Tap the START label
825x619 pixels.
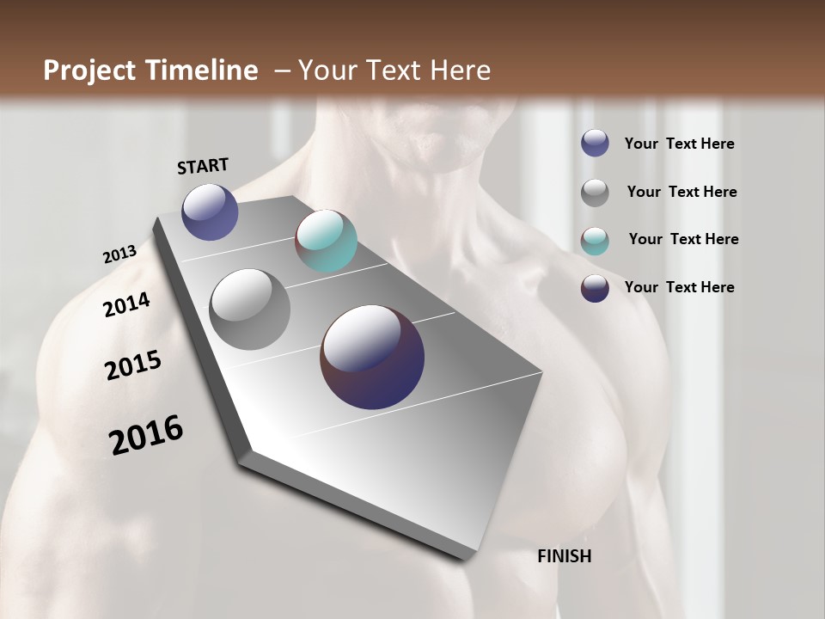(x=203, y=166)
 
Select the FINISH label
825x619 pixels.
(x=564, y=556)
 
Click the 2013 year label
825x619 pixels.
(x=119, y=254)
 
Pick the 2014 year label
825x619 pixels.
(x=126, y=304)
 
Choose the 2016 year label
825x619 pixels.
(x=146, y=435)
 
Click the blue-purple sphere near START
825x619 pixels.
(x=210, y=211)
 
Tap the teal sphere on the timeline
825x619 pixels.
(x=326, y=241)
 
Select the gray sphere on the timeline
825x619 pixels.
(x=249, y=309)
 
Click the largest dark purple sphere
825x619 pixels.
(x=372, y=357)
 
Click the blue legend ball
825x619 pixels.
(x=595, y=143)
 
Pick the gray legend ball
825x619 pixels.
(x=595, y=193)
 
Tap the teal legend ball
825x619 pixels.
(x=595, y=241)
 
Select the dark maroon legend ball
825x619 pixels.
(x=595, y=288)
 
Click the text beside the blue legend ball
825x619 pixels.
(x=679, y=144)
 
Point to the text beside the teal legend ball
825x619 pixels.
(x=683, y=239)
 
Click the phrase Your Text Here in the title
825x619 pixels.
(x=394, y=70)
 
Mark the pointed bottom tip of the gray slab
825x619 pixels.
(x=464, y=559)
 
